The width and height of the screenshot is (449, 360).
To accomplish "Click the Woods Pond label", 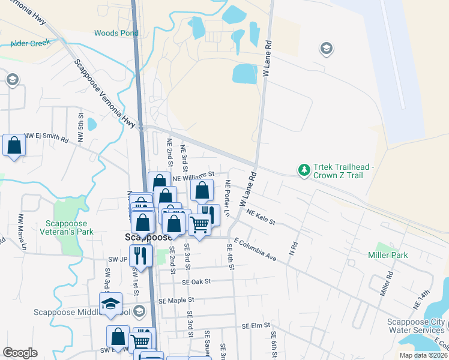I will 116,33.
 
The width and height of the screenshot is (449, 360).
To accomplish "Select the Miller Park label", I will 388,255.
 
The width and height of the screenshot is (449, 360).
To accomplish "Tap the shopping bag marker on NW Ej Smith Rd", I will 14,145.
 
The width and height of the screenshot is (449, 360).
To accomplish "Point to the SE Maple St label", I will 176,299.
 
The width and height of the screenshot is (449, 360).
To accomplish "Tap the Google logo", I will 20,353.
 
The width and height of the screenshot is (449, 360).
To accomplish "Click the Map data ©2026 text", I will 423,355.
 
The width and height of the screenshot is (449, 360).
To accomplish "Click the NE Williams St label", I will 193,176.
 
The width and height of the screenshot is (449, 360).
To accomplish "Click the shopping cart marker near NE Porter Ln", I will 199,224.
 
